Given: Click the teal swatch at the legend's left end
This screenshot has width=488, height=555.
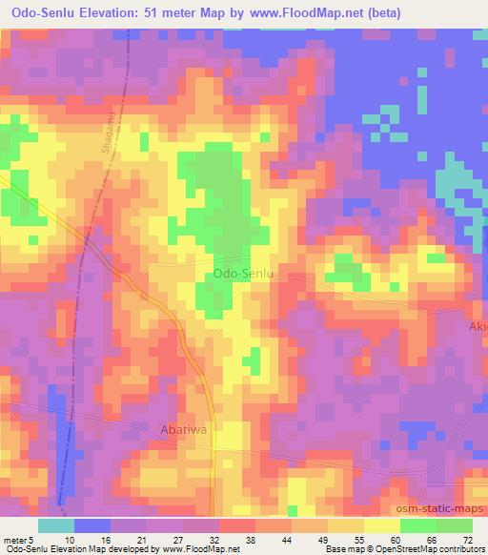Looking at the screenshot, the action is point(55,525).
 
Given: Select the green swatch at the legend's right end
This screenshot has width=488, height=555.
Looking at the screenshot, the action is point(454,525).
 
